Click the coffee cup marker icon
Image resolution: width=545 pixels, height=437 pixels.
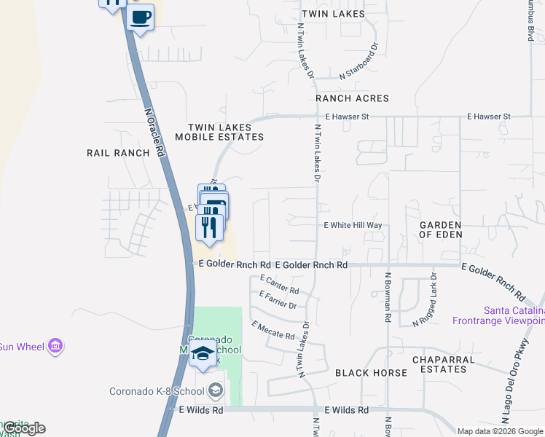pos(141,17)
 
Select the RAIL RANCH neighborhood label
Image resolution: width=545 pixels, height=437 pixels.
pos(117,153)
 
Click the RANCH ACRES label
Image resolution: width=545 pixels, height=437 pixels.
pos(352,98)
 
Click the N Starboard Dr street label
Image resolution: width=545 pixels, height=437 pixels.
pos(360,60)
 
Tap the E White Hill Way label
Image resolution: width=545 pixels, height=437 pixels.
pos(353,226)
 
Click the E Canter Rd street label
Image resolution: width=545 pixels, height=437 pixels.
pos(279,285)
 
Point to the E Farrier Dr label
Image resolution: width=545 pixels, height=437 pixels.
pos(278,299)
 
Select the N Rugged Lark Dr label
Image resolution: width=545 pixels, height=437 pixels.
pos(426,300)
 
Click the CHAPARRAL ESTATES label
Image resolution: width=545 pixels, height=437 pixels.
pos(439,364)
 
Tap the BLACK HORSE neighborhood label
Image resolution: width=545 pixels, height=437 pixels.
pos(371,373)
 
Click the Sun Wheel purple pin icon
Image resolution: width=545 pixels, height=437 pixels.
pos(55,347)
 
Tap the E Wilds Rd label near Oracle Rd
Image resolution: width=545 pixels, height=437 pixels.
pos(201,411)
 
